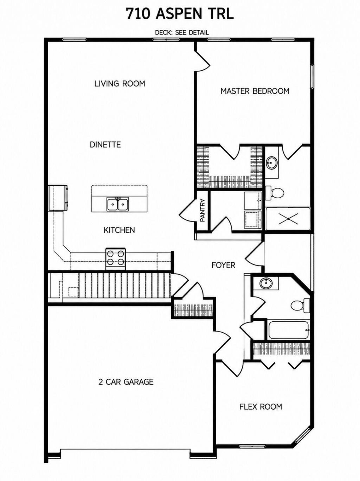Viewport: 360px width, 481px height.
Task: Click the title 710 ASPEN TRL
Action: pos(180,14)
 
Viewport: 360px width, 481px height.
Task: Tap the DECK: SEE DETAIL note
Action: pos(182,33)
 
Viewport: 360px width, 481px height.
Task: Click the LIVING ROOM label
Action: pos(120,84)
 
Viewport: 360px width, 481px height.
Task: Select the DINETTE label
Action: pos(105,145)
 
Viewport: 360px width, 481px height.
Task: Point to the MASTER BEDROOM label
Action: pos(255,91)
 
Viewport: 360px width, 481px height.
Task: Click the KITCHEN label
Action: pos(119,230)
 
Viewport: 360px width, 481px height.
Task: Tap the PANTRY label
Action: pos(202,210)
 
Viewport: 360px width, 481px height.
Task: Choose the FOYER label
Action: pos(223,265)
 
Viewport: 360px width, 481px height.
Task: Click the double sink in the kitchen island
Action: pos(118,204)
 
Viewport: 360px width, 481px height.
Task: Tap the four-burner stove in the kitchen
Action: pos(116,259)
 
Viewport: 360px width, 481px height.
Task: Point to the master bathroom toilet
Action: pos(275,193)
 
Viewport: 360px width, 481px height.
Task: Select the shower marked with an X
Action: pos(288,219)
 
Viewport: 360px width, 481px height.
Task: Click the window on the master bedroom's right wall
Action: pos(312,77)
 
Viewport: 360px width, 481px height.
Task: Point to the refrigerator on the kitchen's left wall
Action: pos(58,198)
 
